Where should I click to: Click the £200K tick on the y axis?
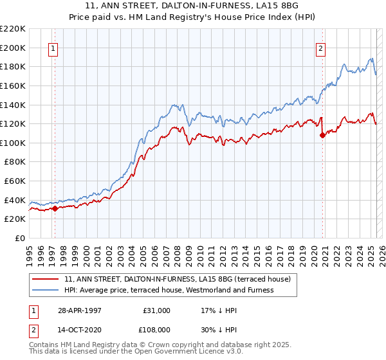coord(14,48)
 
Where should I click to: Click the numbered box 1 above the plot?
coord(53,47)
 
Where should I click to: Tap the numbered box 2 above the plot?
coord(320,47)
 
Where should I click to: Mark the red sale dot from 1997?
coord(55,208)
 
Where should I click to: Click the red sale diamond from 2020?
coord(322,135)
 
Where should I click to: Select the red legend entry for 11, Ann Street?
coord(178,280)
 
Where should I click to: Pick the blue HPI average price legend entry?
coord(169,290)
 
